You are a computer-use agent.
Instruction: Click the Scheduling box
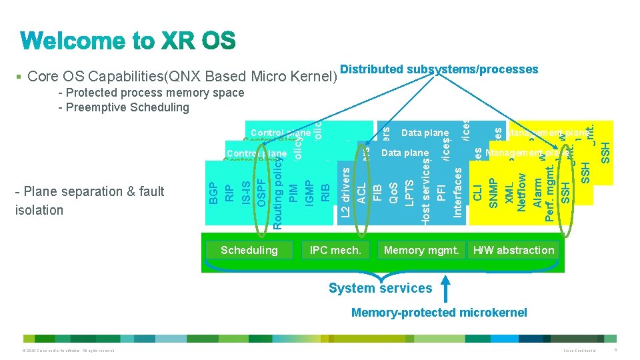coord(249,250)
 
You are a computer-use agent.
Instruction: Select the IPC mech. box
coord(335,250)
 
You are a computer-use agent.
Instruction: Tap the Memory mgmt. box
coord(421,250)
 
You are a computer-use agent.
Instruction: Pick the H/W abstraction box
coord(513,250)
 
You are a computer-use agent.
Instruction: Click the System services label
coord(381,288)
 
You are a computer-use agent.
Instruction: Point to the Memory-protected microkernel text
coord(439,313)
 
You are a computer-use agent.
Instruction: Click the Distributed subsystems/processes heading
coord(439,69)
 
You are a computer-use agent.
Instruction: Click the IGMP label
coord(309,190)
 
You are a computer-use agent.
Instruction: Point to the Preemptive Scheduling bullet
coord(124,107)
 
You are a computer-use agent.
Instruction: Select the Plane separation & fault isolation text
coord(89,201)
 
